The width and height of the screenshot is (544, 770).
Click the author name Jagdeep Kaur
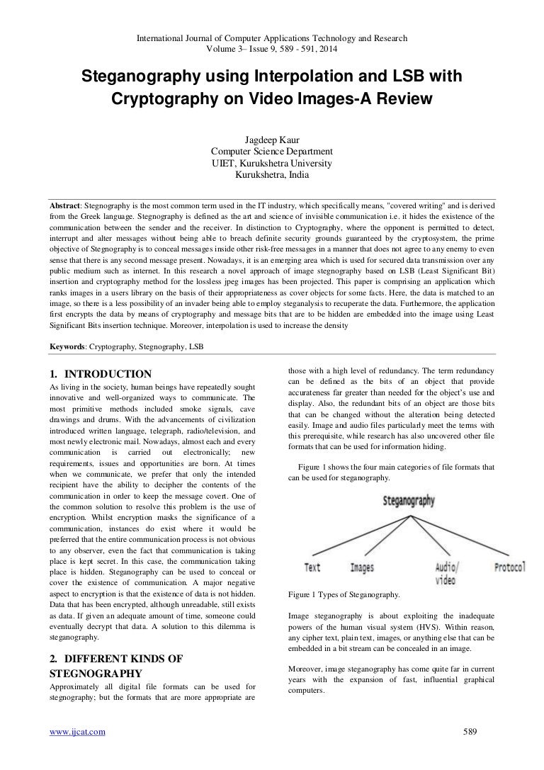271,140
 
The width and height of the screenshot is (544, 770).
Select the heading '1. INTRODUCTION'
99,374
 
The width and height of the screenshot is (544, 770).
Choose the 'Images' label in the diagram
362,567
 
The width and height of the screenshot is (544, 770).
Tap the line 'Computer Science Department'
271,152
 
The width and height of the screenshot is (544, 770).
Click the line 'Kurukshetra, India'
271,174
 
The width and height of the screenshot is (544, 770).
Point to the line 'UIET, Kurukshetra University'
271,163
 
